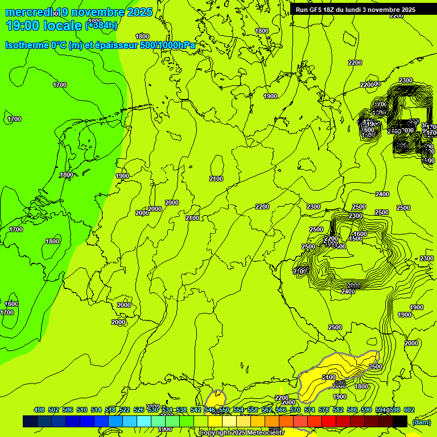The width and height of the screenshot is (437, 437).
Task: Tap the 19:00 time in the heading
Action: [x=22, y=25]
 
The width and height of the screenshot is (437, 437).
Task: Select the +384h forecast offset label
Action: [x=102, y=26]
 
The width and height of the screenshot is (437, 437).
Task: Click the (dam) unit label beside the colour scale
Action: [x=421, y=422]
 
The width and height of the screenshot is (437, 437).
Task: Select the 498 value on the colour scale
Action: [x=39, y=410]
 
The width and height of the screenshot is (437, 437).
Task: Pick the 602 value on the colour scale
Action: [x=409, y=410]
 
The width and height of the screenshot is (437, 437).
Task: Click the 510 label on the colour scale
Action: [x=82, y=410]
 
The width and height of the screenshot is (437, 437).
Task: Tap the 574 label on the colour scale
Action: [x=310, y=410]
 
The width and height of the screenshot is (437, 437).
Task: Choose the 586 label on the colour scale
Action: [x=352, y=410]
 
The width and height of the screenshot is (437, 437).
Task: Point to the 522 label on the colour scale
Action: [x=125, y=410]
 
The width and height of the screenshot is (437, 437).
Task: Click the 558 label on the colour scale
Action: [x=253, y=410]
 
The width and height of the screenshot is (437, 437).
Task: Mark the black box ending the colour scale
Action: [x=400, y=421]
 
